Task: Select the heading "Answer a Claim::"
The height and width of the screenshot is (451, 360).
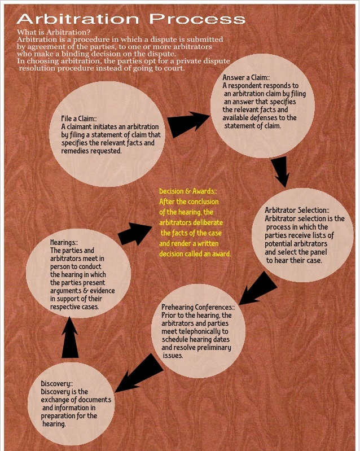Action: point(248,77)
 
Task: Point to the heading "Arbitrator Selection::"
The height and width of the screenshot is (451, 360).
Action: point(297,211)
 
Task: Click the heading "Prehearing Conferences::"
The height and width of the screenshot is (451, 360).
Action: point(198,306)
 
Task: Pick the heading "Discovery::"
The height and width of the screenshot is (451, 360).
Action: point(57,384)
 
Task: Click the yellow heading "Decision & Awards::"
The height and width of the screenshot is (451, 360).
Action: point(189,191)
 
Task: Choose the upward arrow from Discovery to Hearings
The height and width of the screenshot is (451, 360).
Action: point(70,337)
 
